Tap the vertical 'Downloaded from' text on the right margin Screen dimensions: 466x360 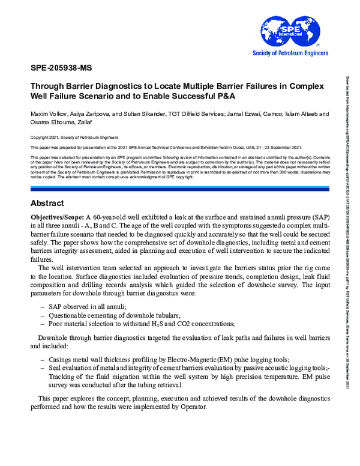tap(349, 120)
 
